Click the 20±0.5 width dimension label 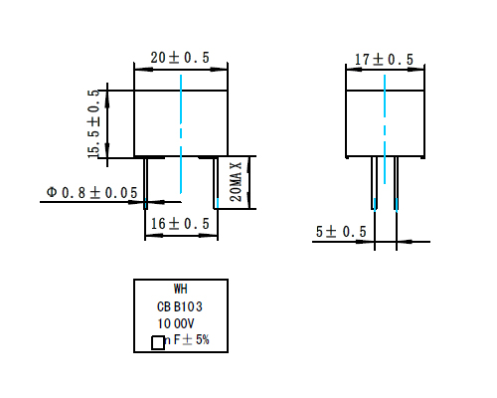(x=180, y=59)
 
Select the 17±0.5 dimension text (x=384, y=60)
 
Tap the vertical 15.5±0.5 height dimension (x=94, y=123)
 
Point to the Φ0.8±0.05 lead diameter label (x=91, y=192)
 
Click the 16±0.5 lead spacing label (x=180, y=224)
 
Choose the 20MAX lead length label (x=236, y=182)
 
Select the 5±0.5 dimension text (x=341, y=232)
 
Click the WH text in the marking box (x=180, y=291)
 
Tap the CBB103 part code (x=180, y=307)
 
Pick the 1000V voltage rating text (x=178, y=324)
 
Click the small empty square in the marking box (x=157, y=343)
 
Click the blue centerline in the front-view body (x=181, y=109)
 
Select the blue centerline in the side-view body (x=384, y=109)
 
